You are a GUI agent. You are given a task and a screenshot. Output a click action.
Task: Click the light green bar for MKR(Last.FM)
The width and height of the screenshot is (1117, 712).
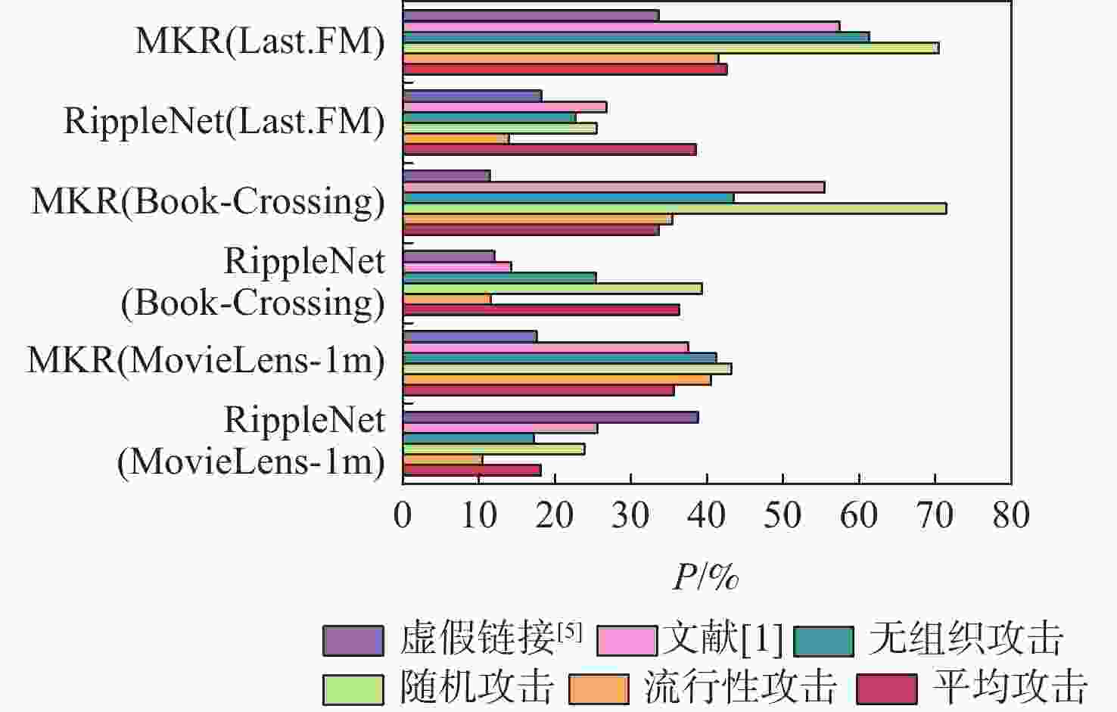click(x=671, y=48)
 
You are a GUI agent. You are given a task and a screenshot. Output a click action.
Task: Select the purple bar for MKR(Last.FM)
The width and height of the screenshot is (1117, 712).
click(x=530, y=15)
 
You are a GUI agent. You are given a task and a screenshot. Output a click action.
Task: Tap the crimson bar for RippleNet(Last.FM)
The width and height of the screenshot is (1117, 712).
click(x=549, y=149)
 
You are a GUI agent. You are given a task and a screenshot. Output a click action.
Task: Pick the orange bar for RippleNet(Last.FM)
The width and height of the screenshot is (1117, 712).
click(x=456, y=138)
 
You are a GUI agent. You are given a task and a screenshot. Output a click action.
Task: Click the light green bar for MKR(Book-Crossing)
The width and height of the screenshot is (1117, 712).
click(x=674, y=209)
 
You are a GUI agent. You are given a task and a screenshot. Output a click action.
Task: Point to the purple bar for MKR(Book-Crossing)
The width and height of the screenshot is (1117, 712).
click(x=446, y=176)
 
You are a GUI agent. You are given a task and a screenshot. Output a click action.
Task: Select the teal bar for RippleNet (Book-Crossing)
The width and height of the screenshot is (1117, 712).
click(x=499, y=278)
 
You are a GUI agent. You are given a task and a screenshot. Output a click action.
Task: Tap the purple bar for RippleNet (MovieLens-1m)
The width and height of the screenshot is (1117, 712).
click(x=550, y=417)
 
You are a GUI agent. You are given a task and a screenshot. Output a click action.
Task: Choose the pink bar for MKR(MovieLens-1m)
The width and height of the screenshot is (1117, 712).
click(x=546, y=347)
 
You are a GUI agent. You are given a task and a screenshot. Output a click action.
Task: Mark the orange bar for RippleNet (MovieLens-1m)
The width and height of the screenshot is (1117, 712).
click(x=443, y=459)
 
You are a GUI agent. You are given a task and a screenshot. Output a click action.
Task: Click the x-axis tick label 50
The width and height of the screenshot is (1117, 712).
click(x=783, y=515)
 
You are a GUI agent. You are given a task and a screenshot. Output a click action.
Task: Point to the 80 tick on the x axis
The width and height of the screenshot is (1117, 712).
click(x=1011, y=515)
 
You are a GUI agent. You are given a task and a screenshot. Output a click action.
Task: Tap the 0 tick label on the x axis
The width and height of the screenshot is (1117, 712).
click(x=403, y=515)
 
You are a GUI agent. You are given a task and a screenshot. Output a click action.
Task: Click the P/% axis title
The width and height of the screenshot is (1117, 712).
click(x=705, y=577)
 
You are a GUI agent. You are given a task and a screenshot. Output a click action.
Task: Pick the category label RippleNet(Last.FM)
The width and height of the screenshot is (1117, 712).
click(x=224, y=120)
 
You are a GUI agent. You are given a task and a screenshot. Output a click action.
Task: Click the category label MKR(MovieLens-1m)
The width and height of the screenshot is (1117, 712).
click(x=206, y=359)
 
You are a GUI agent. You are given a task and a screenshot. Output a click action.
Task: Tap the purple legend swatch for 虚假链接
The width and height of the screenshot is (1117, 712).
click(x=353, y=640)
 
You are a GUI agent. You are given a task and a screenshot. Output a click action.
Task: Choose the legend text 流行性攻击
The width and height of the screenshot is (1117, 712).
click(x=740, y=687)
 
